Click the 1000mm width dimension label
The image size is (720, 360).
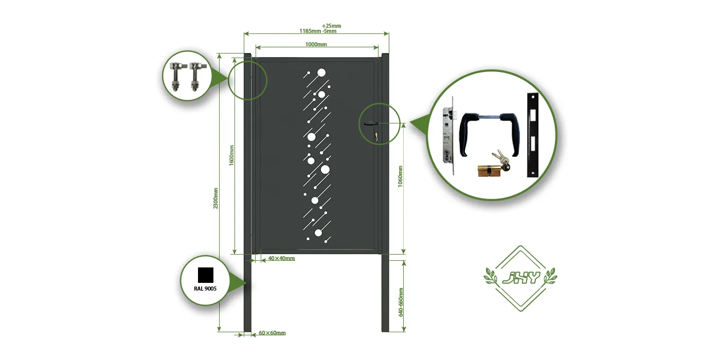[316, 45]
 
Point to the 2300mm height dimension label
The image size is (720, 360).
[216, 198]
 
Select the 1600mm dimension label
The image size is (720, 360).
[231, 155]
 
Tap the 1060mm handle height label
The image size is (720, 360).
[401, 176]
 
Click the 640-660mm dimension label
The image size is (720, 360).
[401, 302]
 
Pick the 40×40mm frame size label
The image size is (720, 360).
[281, 258]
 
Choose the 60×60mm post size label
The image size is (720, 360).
[272, 333]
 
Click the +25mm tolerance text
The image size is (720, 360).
[331, 26]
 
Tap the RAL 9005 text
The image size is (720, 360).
[205, 289]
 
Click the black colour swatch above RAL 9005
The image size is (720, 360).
[205, 275]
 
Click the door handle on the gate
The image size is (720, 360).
[370, 123]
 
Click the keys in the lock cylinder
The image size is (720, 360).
[500, 159]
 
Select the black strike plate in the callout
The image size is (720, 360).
[532, 135]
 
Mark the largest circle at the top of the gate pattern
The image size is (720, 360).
[322, 73]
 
